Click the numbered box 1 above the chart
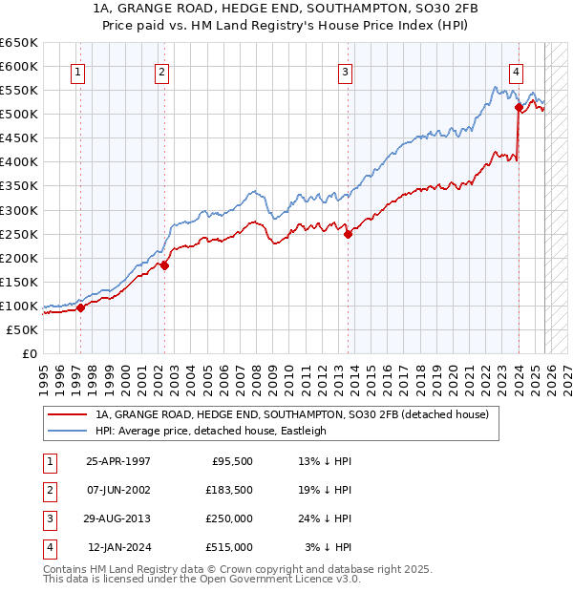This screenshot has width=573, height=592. (x=76, y=71)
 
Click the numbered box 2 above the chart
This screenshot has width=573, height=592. (x=162, y=71)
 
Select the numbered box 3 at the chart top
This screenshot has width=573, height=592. (x=345, y=71)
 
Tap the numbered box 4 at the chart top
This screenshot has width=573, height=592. (x=516, y=71)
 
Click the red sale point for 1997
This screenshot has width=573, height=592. (x=81, y=307)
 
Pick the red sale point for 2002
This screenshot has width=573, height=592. (x=164, y=265)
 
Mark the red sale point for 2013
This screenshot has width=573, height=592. (x=348, y=234)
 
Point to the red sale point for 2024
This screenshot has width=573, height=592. (x=518, y=107)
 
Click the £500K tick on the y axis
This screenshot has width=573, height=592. (x=19, y=114)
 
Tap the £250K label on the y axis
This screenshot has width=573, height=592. (x=19, y=234)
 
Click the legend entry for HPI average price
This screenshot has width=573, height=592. (x=211, y=431)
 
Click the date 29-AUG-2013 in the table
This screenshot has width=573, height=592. (x=117, y=518)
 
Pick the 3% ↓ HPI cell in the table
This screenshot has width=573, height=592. (x=329, y=547)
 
